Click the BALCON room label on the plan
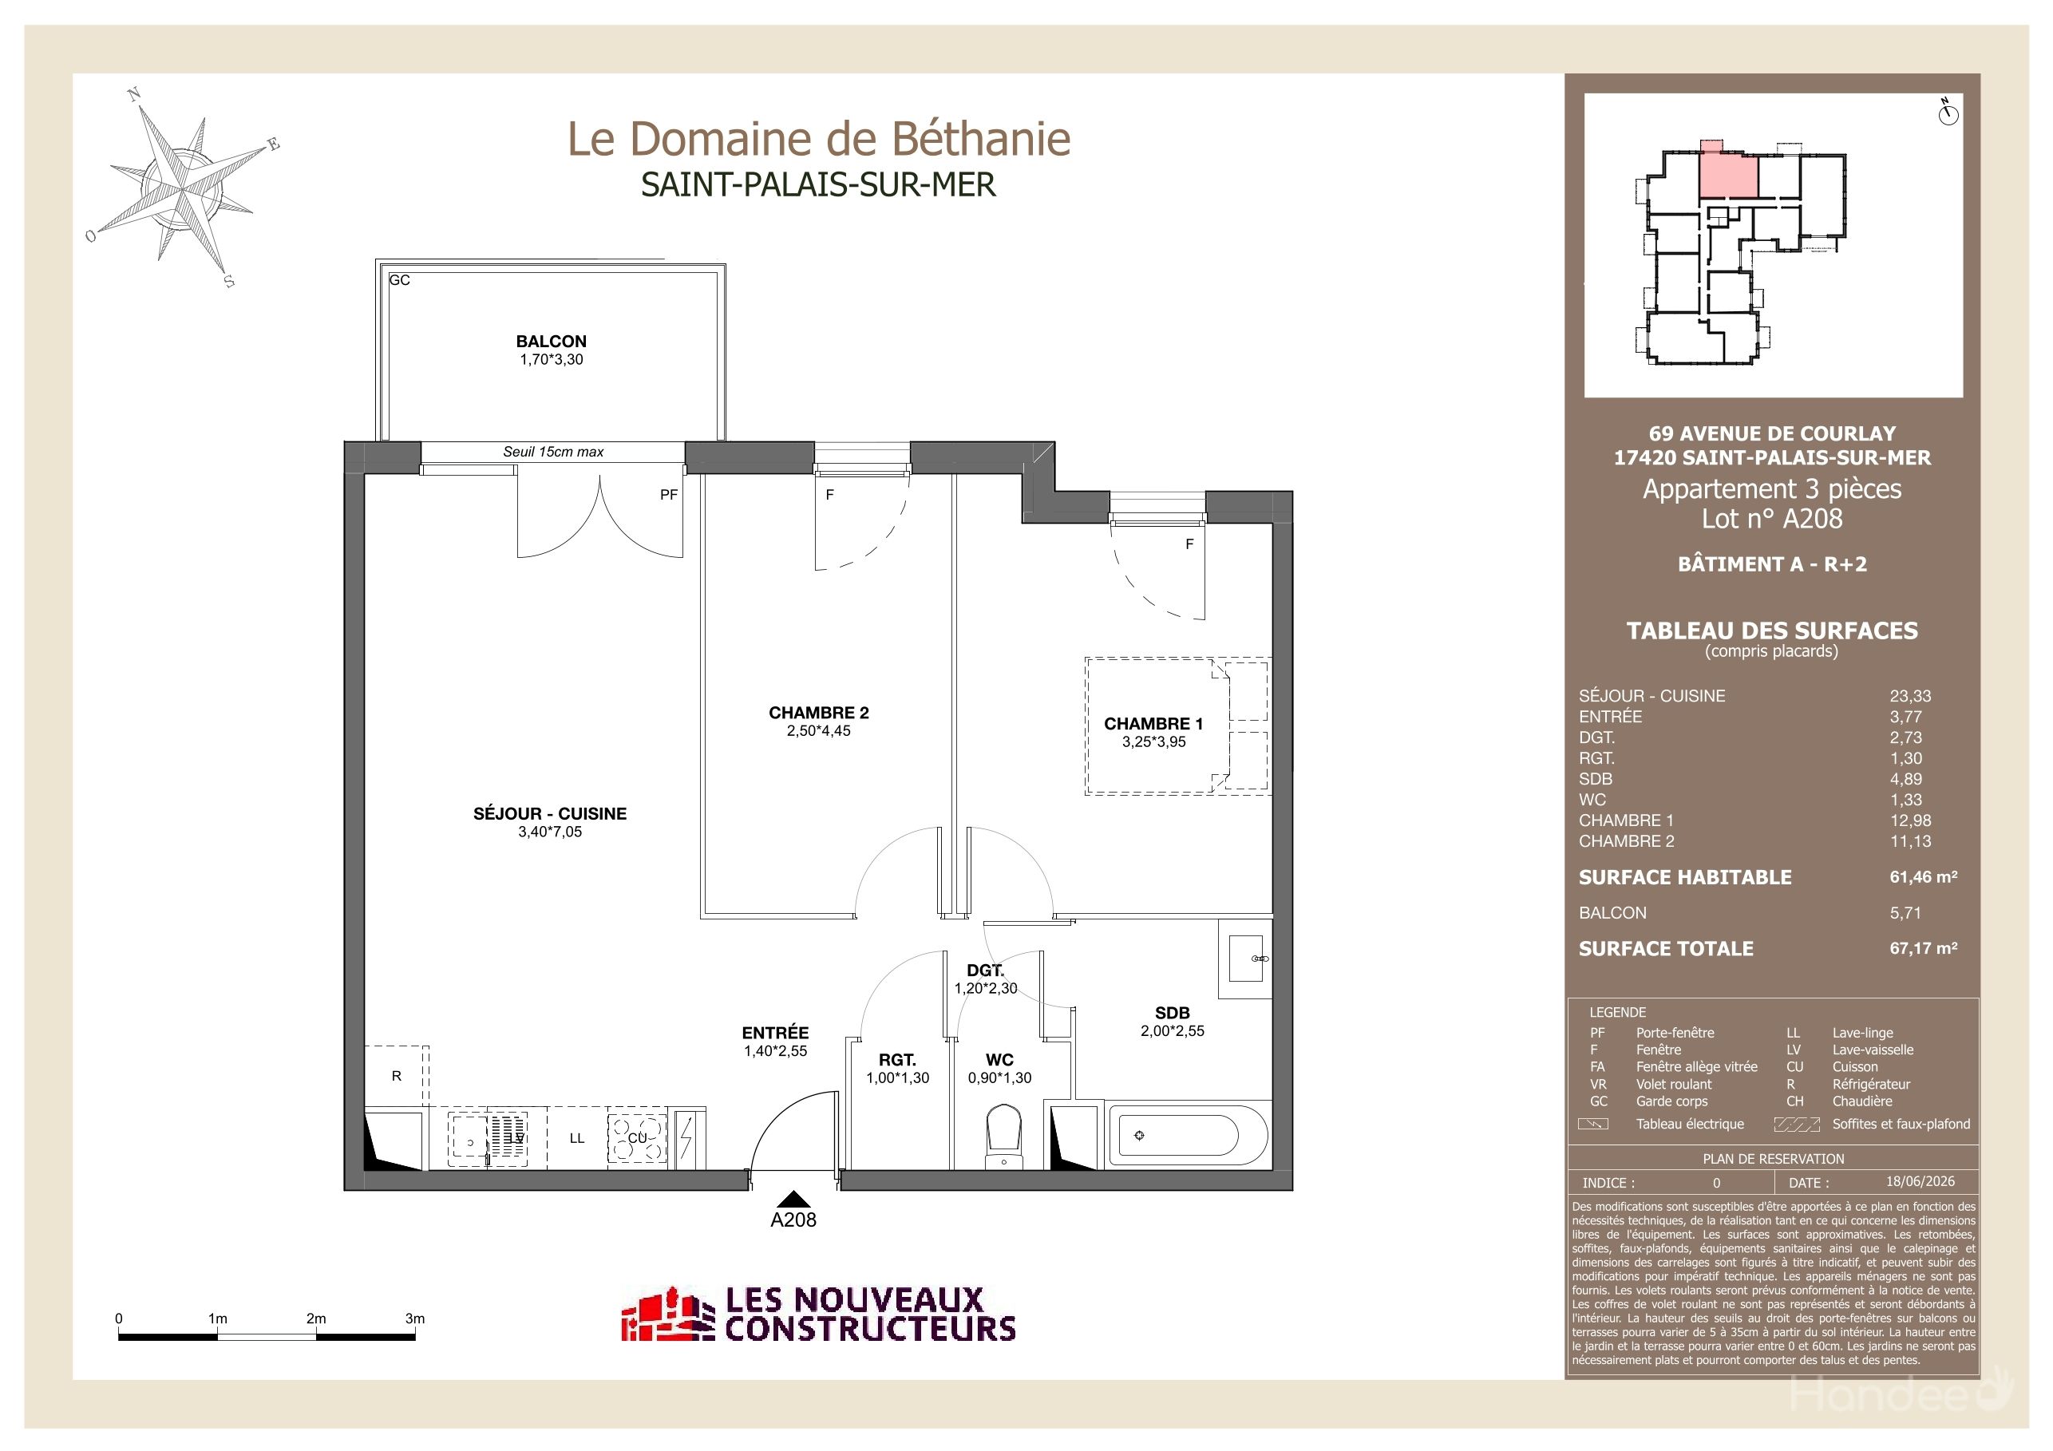pos(551,341)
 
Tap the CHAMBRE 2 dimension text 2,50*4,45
pos(818,730)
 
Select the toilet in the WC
pos(1003,1137)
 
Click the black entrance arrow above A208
pos(793,1199)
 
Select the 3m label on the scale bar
pos(415,1318)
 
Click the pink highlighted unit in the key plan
pos(1727,174)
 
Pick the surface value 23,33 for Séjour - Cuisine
pos(1910,695)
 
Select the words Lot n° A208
pos(1771,519)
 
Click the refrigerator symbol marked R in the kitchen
pos(396,1077)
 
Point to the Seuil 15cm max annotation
pos(552,452)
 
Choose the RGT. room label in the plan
pos(897,1059)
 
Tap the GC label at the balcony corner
pos(400,280)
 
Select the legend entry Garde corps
pos(1671,1101)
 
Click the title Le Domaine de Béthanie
pos(819,139)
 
